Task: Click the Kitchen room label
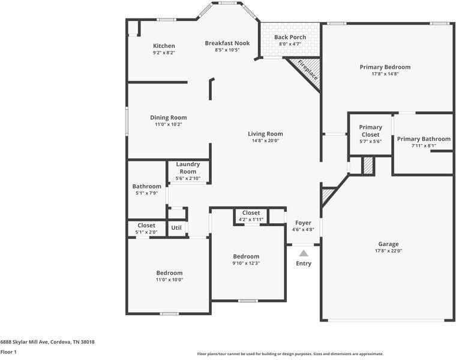point(164,46)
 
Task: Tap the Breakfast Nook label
point(227,43)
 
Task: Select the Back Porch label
point(290,37)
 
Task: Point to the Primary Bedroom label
point(385,67)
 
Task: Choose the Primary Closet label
point(370,130)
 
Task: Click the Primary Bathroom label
point(424,139)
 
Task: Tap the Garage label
point(388,244)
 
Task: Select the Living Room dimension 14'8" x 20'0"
point(265,140)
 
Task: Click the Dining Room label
point(168,118)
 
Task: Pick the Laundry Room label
point(188,168)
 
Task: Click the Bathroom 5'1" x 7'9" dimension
point(146,193)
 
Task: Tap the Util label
point(176,228)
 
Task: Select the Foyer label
point(303,223)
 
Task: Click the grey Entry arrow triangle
point(304,253)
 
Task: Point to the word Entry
point(304,263)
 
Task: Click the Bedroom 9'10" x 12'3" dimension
point(246,263)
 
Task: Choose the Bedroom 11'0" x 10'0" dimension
point(169,280)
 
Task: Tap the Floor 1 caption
point(8,352)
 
